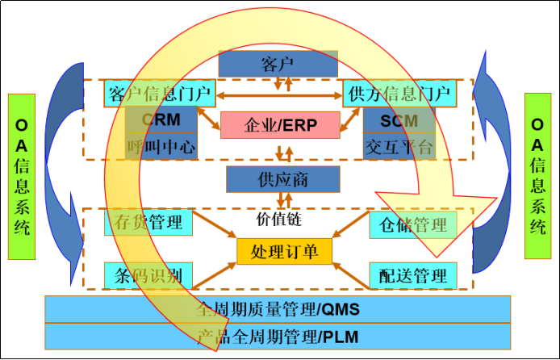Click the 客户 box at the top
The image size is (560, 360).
[278, 63]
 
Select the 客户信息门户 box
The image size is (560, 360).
[159, 94]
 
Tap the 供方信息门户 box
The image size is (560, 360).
[399, 94]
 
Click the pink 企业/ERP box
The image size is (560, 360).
[280, 125]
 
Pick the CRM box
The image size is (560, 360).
[161, 119]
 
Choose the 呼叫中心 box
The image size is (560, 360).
[161, 147]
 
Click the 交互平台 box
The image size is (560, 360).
[399, 147]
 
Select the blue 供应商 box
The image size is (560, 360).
[278, 179]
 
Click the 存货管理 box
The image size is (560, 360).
[148, 222]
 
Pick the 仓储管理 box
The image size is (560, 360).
[412, 224]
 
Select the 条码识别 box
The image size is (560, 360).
[148, 275]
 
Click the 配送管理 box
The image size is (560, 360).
[412, 275]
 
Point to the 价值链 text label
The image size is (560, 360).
[278, 219]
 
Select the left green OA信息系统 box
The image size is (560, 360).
[23, 176]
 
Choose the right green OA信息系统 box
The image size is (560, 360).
[537, 176]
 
